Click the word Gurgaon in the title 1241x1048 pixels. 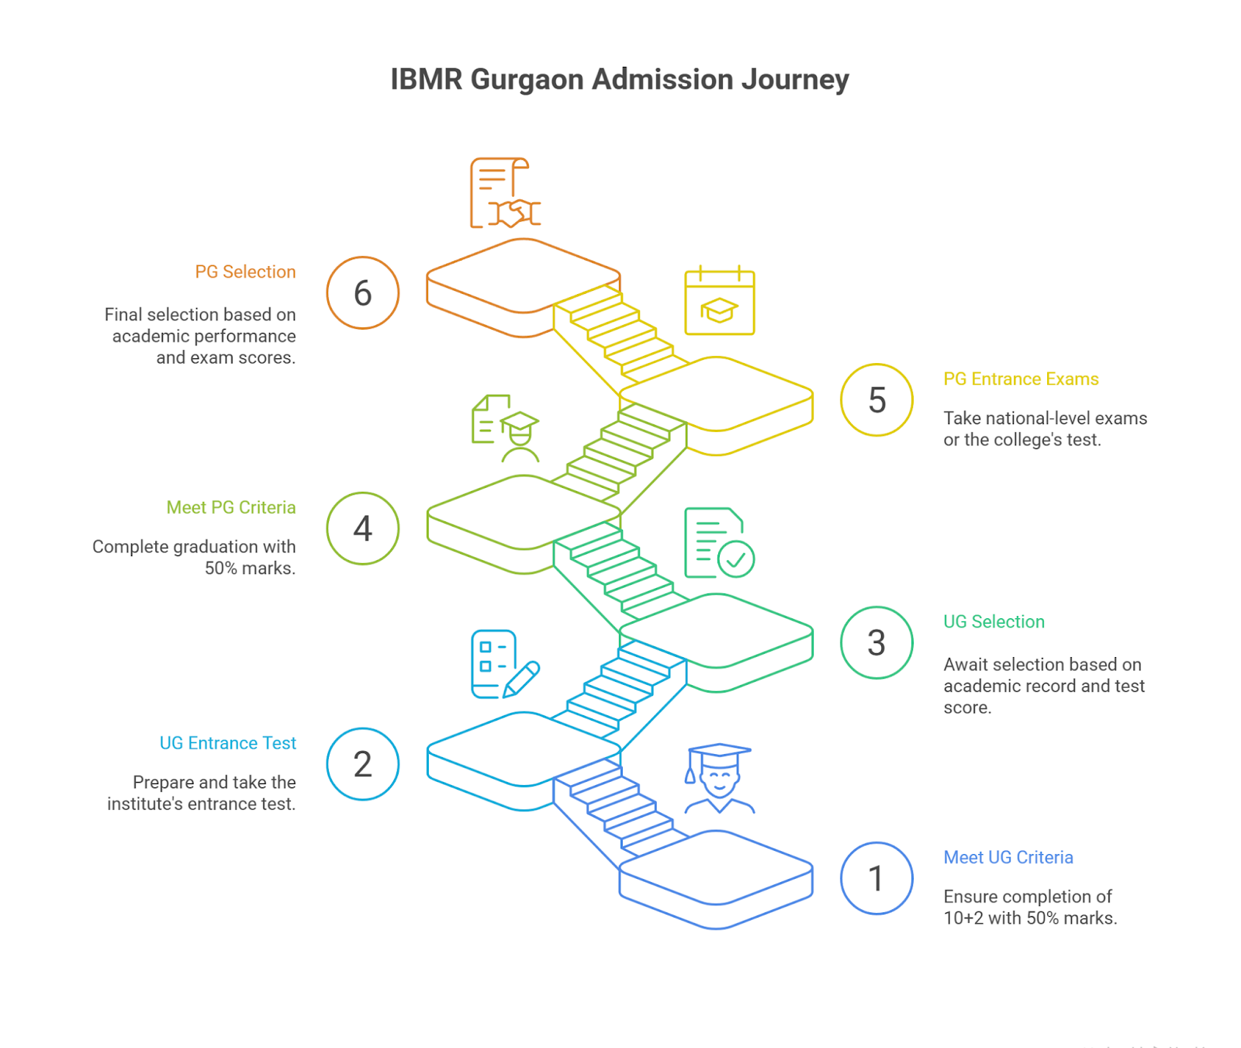[x=527, y=80]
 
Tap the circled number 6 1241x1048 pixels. [x=362, y=293]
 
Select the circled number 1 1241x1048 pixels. [x=876, y=878]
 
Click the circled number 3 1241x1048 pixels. [x=876, y=642]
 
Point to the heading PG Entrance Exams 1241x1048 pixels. [x=1020, y=379]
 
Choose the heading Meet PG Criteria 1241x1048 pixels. [x=231, y=507]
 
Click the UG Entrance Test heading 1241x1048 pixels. [x=227, y=743]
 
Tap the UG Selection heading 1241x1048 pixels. [x=994, y=622]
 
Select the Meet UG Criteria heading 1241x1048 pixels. [x=1008, y=858]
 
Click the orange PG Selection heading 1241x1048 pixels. [x=245, y=272]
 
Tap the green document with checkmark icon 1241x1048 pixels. [x=718, y=543]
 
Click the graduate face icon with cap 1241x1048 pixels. [x=719, y=779]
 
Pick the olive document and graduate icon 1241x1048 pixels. [x=504, y=428]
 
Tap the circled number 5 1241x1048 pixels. [x=876, y=400]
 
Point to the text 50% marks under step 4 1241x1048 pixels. [x=250, y=569]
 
